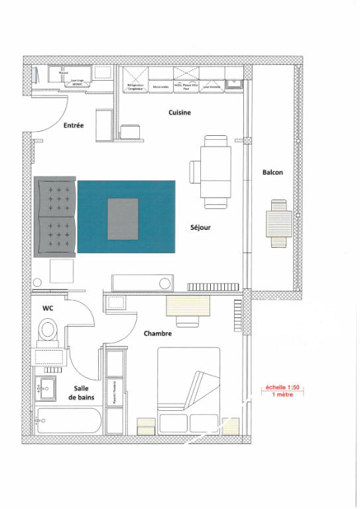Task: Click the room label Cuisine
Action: click(x=179, y=113)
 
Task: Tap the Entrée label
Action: click(x=73, y=125)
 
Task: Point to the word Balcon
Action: click(x=272, y=172)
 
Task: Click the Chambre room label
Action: click(x=158, y=333)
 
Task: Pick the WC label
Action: click(x=48, y=308)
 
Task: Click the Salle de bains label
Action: click(x=80, y=392)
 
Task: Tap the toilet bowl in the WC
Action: click(x=48, y=329)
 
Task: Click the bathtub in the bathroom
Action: click(x=68, y=422)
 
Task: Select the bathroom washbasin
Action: click(x=46, y=386)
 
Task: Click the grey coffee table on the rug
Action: click(x=123, y=219)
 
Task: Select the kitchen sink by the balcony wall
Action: click(x=234, y=83)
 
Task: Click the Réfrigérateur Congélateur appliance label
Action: click(x=136, y=86)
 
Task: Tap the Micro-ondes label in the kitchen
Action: click(x=160, y=86)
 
